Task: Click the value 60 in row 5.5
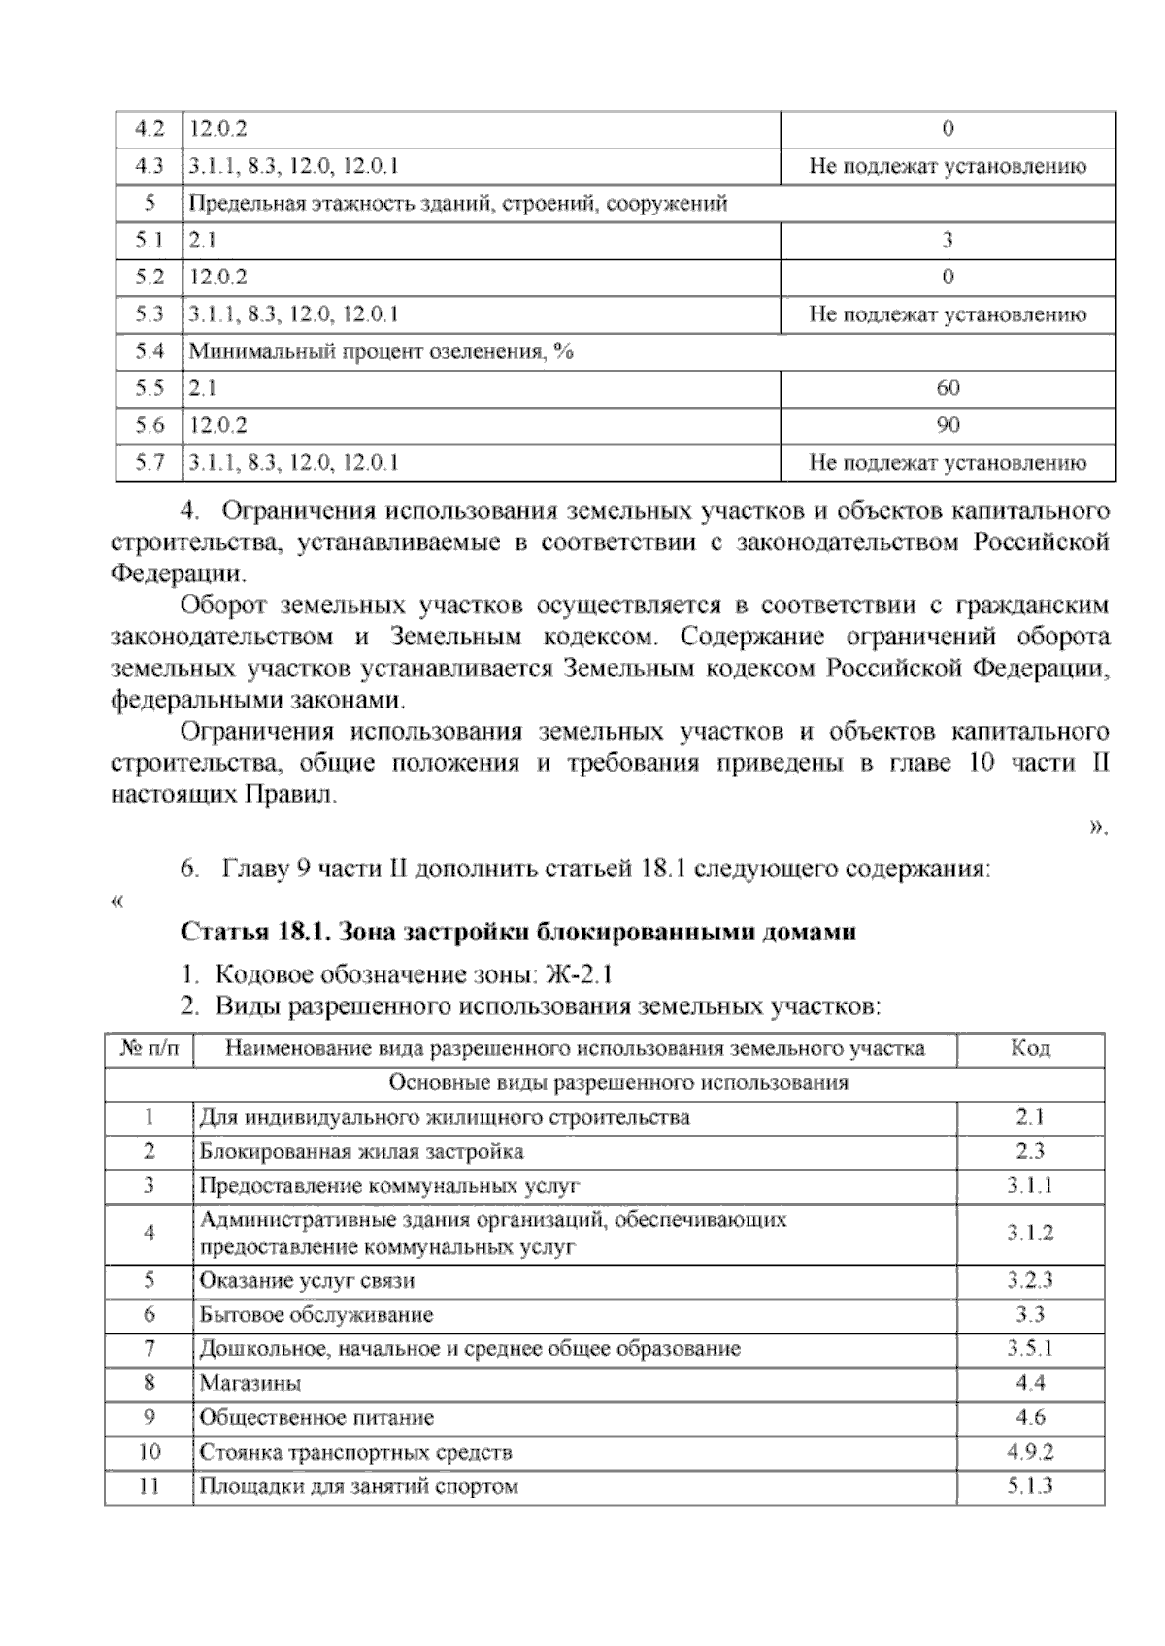[948, 388]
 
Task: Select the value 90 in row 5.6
[948, 425]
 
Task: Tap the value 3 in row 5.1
[948, 240]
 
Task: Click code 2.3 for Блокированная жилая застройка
[1030, 1151]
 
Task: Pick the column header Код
[1030, 1048]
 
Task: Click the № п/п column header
[149, 1048]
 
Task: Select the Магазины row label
[250, 1383]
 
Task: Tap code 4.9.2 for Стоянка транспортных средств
[1030, 1452]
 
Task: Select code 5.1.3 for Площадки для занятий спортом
[1030, 1485]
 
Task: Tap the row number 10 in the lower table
[149, 1452]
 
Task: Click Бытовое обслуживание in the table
[316, 1315]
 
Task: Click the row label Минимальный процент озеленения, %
[381, 351]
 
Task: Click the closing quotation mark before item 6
[1098, 829]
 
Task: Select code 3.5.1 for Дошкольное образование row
[1030, 1348]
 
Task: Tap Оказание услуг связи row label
[307, 1280]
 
